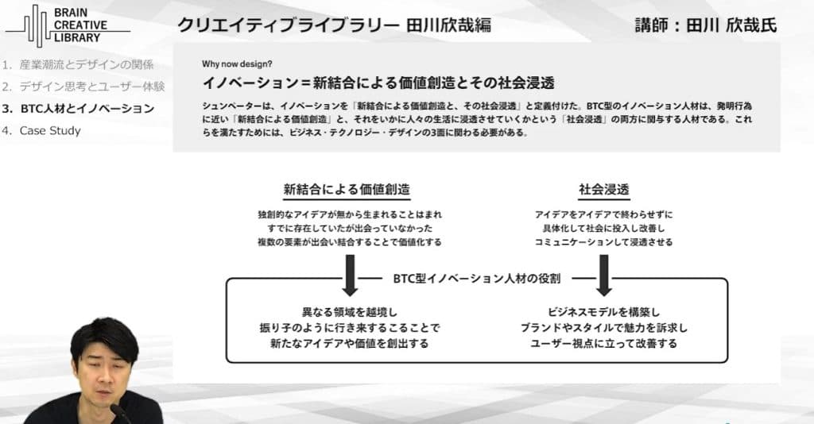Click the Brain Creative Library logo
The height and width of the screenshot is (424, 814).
point(68,25)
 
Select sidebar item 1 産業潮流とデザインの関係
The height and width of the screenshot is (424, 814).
point(78,65)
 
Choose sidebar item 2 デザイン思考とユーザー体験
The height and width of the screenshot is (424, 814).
point(83,87)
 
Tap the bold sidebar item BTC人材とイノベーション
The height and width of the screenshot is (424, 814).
point(79,108)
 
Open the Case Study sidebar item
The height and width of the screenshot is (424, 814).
point(41,131)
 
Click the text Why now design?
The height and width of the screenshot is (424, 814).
point(237,64)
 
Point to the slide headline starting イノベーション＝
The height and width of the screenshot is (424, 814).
point(378,83)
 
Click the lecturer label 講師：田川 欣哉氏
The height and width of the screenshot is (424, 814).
point(706,25)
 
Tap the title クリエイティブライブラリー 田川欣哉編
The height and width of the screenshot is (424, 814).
point(335,25)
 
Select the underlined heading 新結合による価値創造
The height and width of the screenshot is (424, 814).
point(347,190)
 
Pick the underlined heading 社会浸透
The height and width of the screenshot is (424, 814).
point(604,190)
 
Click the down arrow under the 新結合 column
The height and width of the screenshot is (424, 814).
point(350,276)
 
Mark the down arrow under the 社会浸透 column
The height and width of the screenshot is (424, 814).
point(604,276)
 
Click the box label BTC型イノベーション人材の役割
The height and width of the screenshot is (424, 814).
point(477,279)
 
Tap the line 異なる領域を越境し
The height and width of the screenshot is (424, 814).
point(350,312)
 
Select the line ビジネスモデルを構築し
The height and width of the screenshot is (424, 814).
point(604,312)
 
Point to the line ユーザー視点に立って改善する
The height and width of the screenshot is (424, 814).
point(604,343)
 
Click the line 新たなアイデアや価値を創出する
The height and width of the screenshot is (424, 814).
point(350,343)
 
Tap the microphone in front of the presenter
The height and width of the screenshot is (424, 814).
point(120,414)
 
